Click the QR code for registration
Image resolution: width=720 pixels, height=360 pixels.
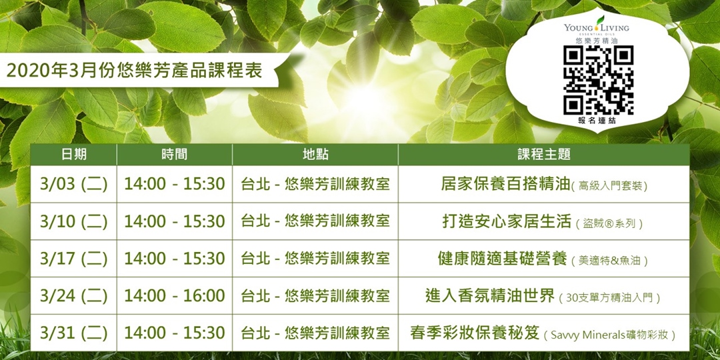[x=598, y=79]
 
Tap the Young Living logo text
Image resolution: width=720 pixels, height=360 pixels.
[x=596, y=28]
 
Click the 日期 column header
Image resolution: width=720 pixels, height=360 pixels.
[x=73, y=155]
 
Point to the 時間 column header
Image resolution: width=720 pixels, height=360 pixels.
[x=174, y=155]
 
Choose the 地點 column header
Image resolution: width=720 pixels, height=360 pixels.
[x=315, y=155]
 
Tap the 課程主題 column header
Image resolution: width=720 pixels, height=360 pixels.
[x=544, y=155]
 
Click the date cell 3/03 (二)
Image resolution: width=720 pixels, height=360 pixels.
[x=73, y=184]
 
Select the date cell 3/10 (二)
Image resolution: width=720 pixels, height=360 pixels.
[x=73, y=221]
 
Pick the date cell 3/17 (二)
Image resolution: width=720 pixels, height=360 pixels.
[x=73, y=259]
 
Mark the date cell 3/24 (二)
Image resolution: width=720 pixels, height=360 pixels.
[x=73, y=295]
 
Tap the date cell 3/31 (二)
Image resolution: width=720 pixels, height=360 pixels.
[x=73, y=333]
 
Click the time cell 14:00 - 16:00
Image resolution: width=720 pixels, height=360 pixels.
[x=174, y=295]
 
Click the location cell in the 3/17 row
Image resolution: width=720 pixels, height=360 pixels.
[x=315, y=259]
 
